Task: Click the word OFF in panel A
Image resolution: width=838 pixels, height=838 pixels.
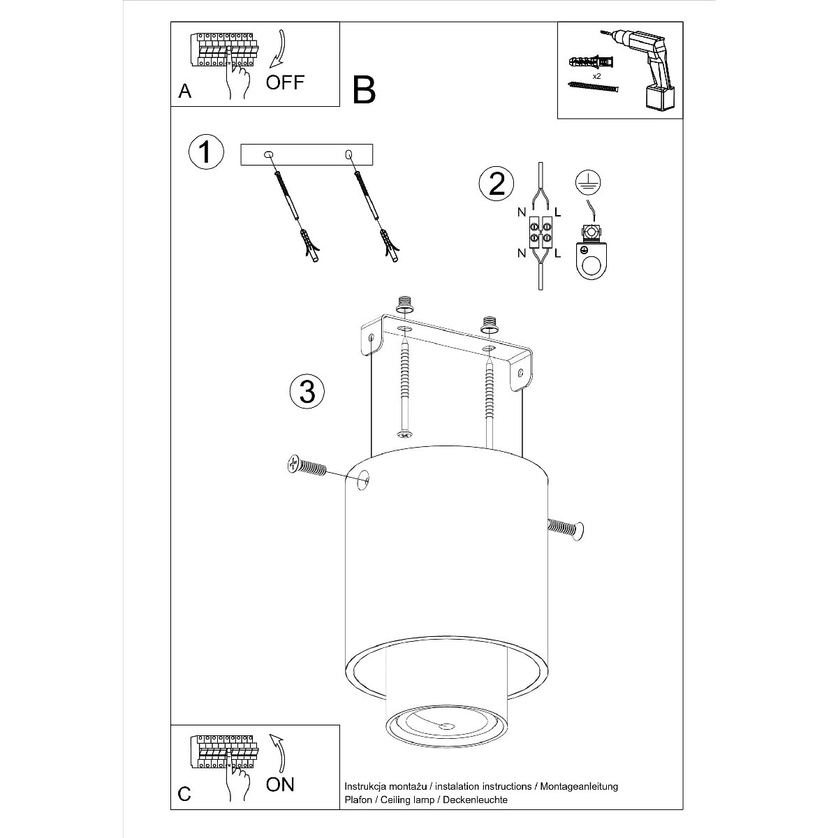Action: click(285, 82)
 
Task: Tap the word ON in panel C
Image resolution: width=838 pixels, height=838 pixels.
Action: click(281, 784)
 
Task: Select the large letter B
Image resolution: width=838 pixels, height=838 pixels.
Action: click(364, 90)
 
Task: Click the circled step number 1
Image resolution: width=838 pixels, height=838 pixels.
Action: click(206, 152)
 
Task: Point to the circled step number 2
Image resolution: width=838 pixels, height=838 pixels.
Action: click(497, 184)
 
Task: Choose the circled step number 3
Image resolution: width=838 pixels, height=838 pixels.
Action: click(307, 391)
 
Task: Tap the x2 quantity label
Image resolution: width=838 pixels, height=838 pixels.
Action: click(596, 76)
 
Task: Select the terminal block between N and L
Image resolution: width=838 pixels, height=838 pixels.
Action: click(540, 231)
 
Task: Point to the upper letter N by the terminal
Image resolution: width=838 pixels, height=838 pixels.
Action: click(522, 212)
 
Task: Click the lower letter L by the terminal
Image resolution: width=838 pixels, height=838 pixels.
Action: click(558, 253)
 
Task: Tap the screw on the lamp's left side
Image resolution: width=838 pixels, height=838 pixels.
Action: click(307, 466)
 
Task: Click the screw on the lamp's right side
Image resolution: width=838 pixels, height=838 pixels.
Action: click(566, 529)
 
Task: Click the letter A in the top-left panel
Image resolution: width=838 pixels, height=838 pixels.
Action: click(185, 91)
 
